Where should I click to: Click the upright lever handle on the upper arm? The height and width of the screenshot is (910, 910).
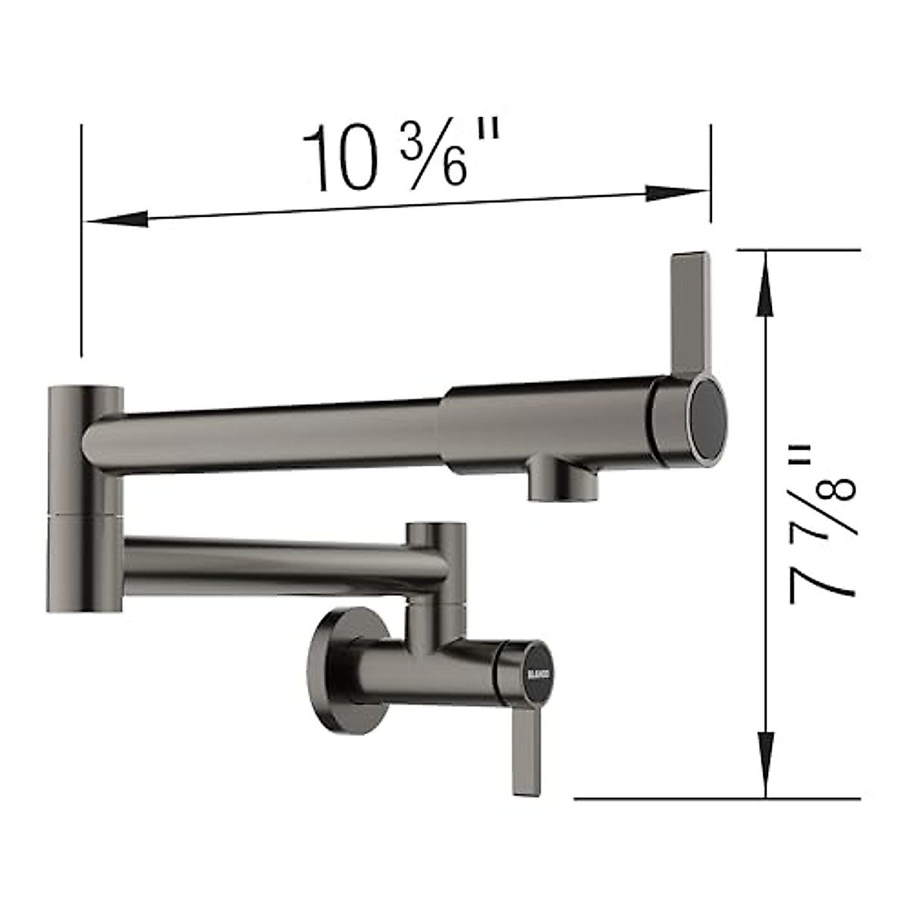pyautogui.click(x=690, y=311)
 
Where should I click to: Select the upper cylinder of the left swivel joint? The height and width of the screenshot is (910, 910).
pyautogui.click(x=85, y=447)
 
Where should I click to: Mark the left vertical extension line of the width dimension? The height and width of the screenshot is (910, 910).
pyautogui.click(x=81, y=243)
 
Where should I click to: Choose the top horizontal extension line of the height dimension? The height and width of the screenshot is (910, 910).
pyautogui.click(x=796, y=249)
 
